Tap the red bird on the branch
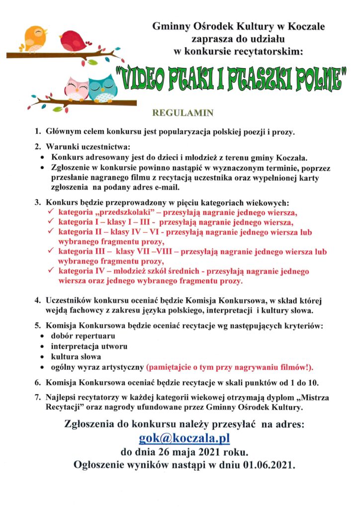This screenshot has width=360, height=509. pos(74,39)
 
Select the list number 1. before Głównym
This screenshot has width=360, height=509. pos(38,133)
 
